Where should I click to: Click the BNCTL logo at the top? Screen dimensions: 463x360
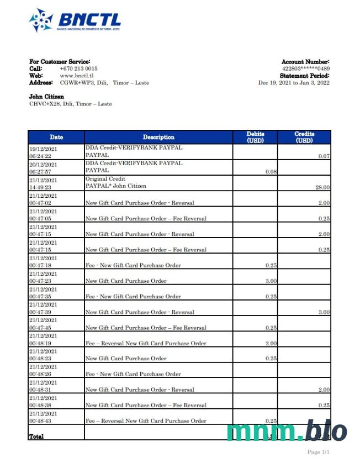75,22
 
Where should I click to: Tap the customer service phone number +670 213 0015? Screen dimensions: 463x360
78,69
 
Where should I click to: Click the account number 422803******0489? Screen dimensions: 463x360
306,69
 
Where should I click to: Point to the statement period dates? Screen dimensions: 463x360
294,83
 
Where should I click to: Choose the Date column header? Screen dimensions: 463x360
56,137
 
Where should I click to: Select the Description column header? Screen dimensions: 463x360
158,137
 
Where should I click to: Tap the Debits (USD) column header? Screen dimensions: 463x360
255,137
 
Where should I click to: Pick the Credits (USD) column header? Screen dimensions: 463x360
304,137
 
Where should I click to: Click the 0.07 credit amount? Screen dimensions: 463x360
324,156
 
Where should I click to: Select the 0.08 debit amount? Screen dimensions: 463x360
271,172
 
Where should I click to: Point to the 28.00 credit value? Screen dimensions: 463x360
322,187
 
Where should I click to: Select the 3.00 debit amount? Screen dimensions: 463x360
271,281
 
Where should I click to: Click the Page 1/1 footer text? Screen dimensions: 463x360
319,452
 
